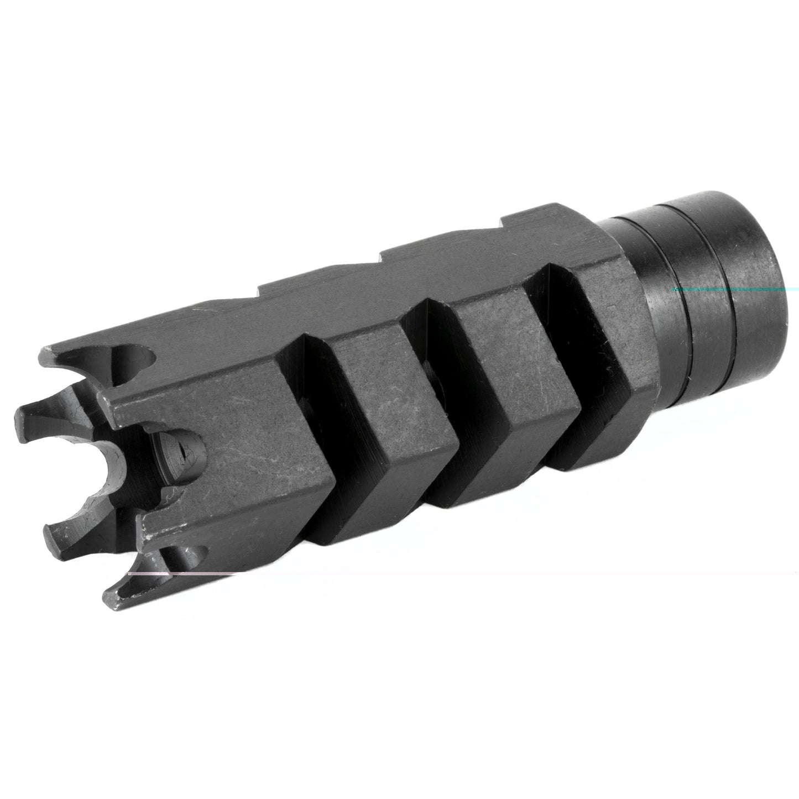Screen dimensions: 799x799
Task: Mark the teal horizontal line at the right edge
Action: pos(735,289)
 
